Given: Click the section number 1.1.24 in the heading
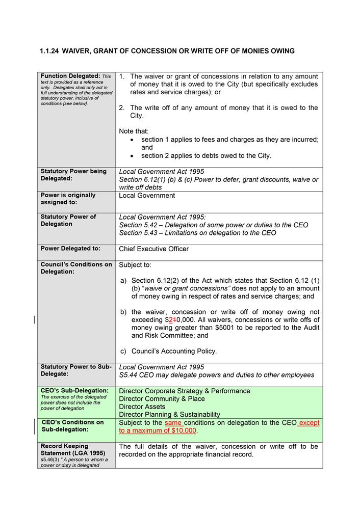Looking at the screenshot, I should pyautogui.click(x=49, y=51).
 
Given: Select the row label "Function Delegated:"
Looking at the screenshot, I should pyautogui.click(x=70, y=76).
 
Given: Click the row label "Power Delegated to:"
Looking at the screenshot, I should pyautogui.click(x=70, y=249).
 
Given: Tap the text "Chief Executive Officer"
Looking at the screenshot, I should pyautogui.click(x=153, y=249).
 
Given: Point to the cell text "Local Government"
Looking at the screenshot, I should pyautogui.click(x=147, y=196).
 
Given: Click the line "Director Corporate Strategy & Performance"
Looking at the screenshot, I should pyautogui.click(x=185, y=391).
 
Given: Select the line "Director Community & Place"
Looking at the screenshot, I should pyautogui.click(x=162, y=399).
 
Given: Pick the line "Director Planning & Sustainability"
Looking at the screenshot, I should pyautogui.click(x=169, y=415).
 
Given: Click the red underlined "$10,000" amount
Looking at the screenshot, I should pyautogui.click(x=182, y=430).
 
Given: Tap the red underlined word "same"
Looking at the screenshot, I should pyautogui.click(x=173, y=422).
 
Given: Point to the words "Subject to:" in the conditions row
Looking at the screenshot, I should pyautogui.click(x=135, y=265).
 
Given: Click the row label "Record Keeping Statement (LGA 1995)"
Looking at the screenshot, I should pyautogui.click(x=73, y=450).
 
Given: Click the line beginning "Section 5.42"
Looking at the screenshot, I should pyautogui.click(x=213, y=225).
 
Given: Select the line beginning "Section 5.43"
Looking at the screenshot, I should pyautogui.click(x=197, y=233).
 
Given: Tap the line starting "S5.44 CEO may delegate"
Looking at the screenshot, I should pyautogui.click(x=216, y=375).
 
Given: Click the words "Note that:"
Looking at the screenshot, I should pyautogui.click(x=134, y=131).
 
